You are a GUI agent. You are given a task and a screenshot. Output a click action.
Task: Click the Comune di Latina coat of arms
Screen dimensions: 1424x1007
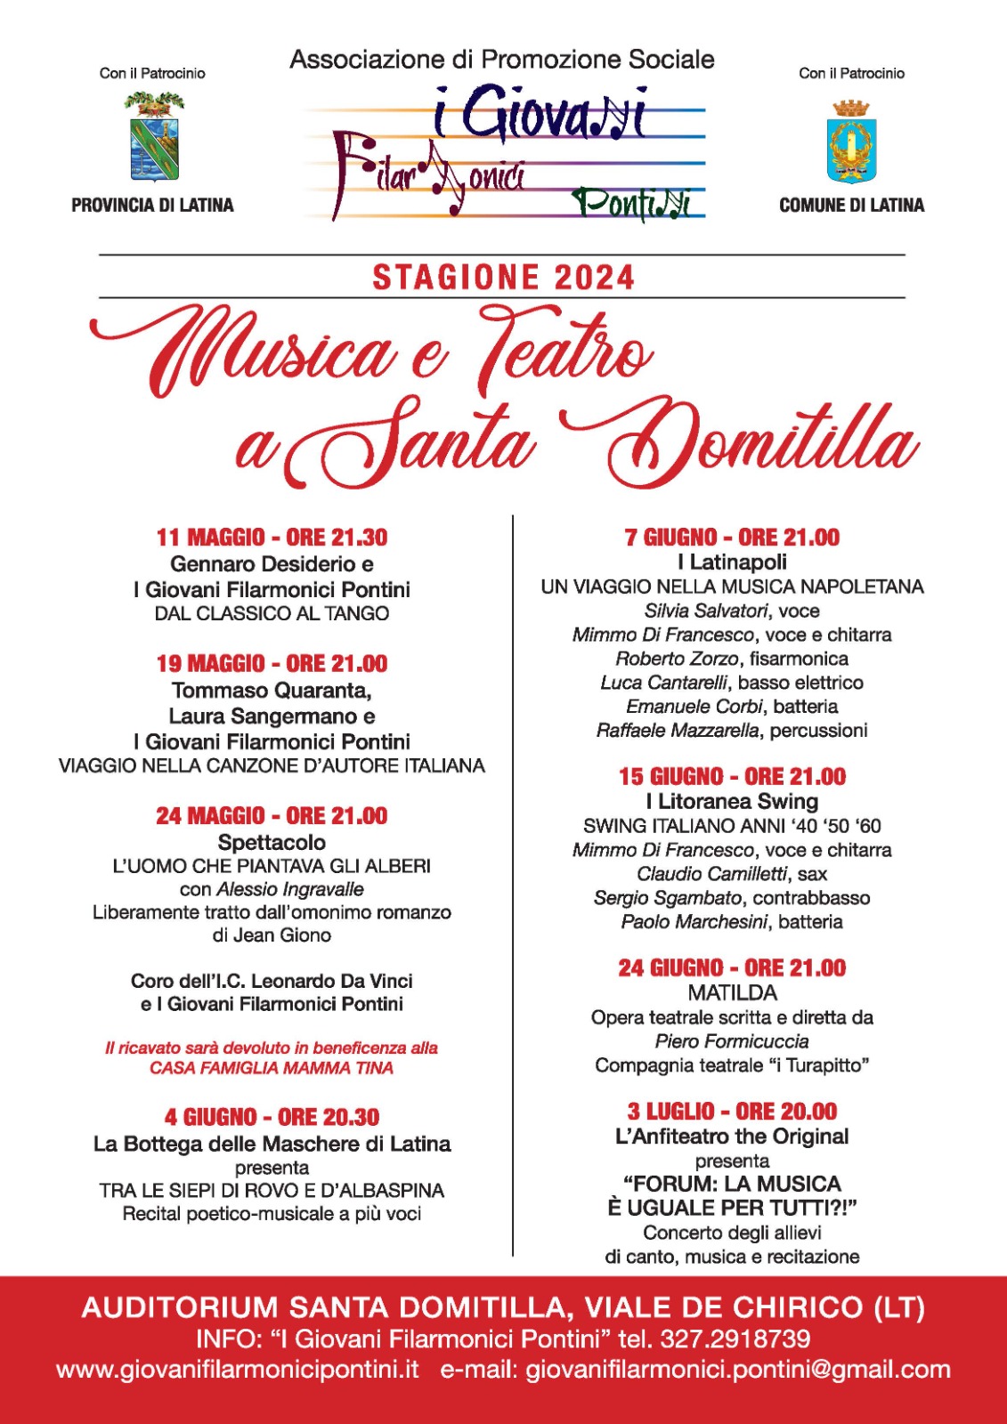pyautogui.click(x=851, y=141)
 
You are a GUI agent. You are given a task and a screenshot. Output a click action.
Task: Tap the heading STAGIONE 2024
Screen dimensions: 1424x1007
pyautogui.click(x=503, y=278)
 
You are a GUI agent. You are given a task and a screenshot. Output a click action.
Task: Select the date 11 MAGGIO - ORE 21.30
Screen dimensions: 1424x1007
pyautogui.click(x=272, y=538)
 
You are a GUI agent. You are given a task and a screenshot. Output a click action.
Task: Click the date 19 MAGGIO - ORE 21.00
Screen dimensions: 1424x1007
pyautogui.click(x=272, y=664)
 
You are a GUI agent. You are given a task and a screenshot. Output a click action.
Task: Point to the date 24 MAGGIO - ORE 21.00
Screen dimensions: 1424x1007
pyautogui.click(x=272, y=816)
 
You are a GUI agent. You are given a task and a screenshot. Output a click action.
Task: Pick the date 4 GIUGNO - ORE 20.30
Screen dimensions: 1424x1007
pyautogui.click(x=272, y=1118)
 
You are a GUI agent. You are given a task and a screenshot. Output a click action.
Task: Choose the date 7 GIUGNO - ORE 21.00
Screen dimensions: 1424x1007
pyautogui.click(x=732, y=538)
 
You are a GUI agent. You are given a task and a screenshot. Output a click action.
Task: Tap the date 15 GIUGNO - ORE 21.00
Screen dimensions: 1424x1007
pyautogui.click(x=732, y=777)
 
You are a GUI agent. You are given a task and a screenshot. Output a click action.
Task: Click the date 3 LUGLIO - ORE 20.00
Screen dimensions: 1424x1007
pyautogui.click(x=732, y=1112)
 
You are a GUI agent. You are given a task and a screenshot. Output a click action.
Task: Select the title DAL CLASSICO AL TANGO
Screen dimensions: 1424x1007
pyautogui.click(x=272, y=613)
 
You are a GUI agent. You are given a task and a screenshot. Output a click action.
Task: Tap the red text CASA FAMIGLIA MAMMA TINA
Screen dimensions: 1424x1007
pyautogui.click(x=272, y=1068)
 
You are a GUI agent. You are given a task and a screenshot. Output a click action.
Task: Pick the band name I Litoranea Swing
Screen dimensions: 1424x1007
pyautogui.click(x=732, y=801)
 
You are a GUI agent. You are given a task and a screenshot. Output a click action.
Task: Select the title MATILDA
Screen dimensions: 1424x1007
pyautogui.click(x=732, y=992)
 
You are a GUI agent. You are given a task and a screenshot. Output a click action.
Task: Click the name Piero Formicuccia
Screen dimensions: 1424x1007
pyautogui.click(x=732, y=1041)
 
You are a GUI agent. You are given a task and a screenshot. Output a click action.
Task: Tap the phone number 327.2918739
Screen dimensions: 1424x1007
pyautogui.click(x=735, y=1339)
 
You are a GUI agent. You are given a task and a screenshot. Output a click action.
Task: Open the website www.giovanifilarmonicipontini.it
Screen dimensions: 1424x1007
pyautogui.click(x=238, y=1369)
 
